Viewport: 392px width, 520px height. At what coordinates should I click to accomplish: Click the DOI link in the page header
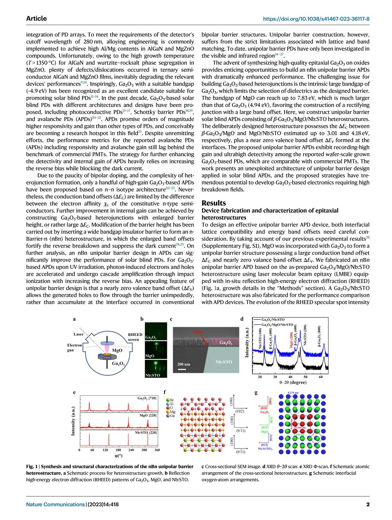click(316, 19)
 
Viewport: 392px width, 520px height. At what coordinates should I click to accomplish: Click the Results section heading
click(213, 203)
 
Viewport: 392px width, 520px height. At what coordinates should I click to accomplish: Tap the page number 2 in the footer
click(368, 504)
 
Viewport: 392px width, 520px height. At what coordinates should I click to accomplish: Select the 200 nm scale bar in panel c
click(182, 369)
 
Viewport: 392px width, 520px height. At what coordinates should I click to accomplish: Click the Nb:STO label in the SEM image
click(224, 362)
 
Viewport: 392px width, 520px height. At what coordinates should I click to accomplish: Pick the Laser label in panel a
click(78, 334)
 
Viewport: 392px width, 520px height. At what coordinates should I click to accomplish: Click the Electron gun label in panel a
click(74, 348)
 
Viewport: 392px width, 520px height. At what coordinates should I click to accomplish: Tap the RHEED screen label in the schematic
click(135, 337)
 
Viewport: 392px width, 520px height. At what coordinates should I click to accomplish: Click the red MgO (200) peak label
click(291, 340)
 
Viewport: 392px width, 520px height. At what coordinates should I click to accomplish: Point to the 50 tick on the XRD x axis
click(306, 377)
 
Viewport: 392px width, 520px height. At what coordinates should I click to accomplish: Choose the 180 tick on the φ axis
click(118, 450)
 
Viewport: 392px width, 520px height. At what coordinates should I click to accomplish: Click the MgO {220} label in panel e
click(148, 415)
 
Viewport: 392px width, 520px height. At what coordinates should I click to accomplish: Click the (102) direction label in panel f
click(240, 411)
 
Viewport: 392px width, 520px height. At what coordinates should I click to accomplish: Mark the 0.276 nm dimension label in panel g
click(293, 392)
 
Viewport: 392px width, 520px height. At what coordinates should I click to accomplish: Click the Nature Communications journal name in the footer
click(55, 504)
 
